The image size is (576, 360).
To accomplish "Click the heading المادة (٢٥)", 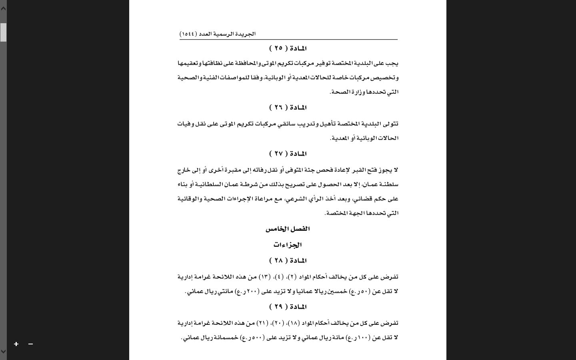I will click(288, 48).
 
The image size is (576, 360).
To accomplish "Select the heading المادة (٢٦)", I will click(288, 108).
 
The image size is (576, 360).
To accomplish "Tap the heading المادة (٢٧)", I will click(288, 154).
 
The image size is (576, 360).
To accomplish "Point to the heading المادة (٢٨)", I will click(288, 260).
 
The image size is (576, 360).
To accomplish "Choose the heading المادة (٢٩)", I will click(288, 307).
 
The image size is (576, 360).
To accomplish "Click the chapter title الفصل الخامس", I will click(288, 229).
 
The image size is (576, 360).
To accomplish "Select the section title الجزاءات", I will click(288, 245).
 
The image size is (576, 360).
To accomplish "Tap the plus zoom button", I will click(16, 344).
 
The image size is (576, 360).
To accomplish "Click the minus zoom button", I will click(30, 344).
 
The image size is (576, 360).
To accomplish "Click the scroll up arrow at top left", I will click(3, 8).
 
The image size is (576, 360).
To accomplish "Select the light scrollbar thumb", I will click(3, 32).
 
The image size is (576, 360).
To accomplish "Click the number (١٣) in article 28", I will click(264, 277).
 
